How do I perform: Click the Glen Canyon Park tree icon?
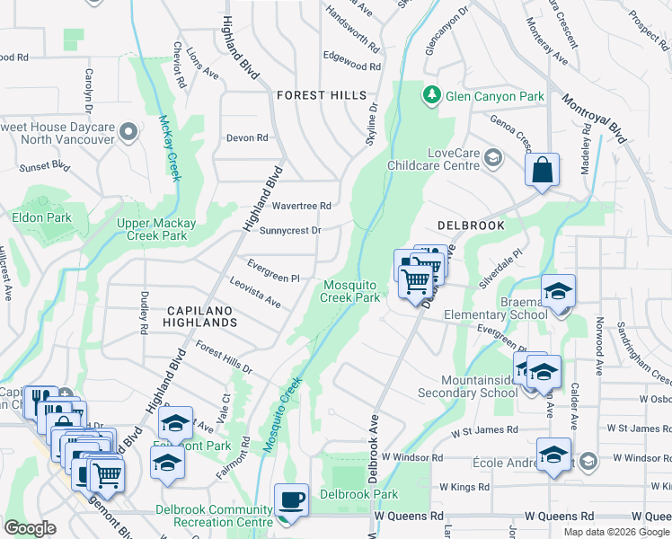click(x=432, y=94)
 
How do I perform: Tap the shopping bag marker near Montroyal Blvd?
click(x=543, y=170)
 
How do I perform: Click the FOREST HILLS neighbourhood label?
click(x=322, y=95)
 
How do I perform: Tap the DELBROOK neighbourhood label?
click(x=471, y=225)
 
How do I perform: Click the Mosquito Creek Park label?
click(x=351, y=291)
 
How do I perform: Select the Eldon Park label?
click(x=41, y=217)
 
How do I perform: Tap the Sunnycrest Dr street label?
click(x=290, y=231)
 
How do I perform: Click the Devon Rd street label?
click(x=248, y=138)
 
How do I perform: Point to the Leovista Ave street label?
click(x=255, y=294)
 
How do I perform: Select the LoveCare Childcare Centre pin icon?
click(x=492, y=159)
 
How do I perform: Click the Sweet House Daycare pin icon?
click(x=128, y=133)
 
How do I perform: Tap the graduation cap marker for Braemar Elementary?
click(x=557, y=292)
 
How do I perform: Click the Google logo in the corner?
click(x=31, y=528)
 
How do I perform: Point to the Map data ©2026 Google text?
click(x=615, y=532)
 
